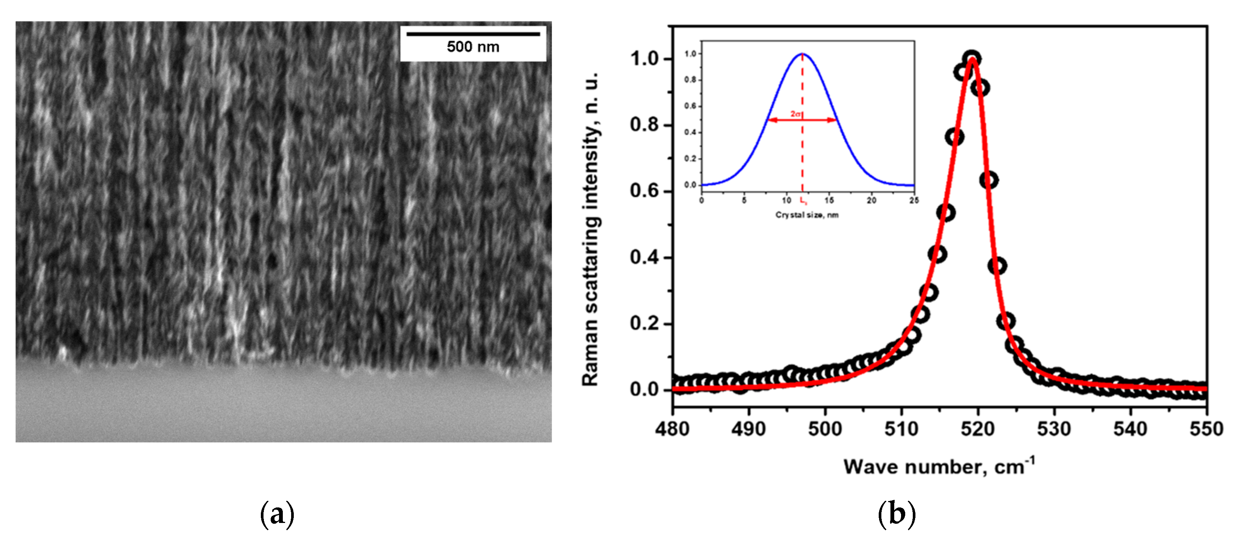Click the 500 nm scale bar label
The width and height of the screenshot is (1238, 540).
click(x=473, y=47)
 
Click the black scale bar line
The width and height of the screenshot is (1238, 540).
click(x=473, y=34)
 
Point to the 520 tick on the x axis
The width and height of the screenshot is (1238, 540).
click(x=978, y=428)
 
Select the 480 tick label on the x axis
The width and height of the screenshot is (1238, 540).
click(x=672, y=428)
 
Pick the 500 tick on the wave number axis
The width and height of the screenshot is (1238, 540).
click(x=825, y=428)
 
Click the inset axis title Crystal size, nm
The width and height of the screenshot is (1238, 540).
click(x=807, y=215)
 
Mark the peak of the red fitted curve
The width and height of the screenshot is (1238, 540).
click(x=972, y=59)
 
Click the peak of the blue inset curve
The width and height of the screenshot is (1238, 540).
click(x=802, y=53)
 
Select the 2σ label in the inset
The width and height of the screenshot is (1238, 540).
click(x=796, y=114)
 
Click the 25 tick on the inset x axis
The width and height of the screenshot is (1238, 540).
click(x=914, y=200)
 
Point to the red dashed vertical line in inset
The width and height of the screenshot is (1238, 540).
click(x=802, y=154)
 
